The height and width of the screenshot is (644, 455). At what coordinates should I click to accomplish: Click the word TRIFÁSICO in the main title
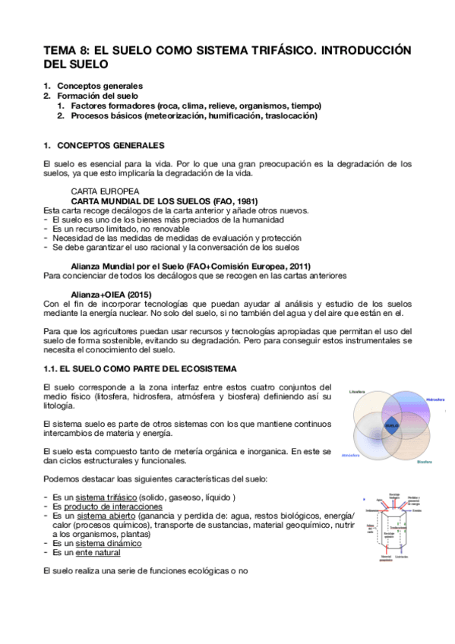click(271, 50)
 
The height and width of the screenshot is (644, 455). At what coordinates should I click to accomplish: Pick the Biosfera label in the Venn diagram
click(424, 461)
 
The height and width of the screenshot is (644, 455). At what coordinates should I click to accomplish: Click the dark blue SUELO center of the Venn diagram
click(391, 426)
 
